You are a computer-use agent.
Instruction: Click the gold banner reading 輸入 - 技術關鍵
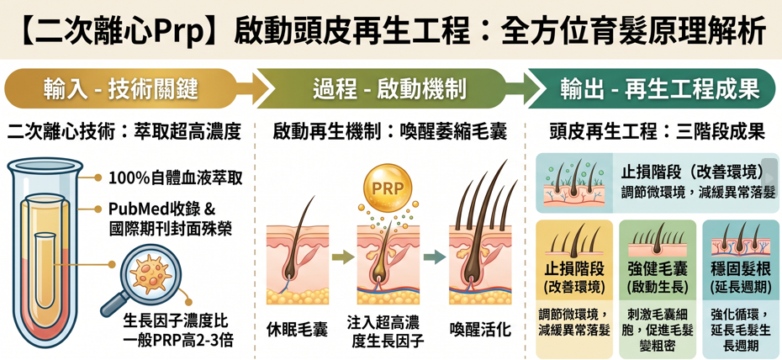tap(126, 87)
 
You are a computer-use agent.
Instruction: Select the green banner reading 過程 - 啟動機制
tap(388, 87)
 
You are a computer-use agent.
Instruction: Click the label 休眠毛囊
tap(297, 327)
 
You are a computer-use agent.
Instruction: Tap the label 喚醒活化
tap(480, 328)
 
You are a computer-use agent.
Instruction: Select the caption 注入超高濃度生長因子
tap(385, 331)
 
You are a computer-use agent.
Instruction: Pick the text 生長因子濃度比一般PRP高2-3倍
tap(177, 329)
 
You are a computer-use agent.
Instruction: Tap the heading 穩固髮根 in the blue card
tap(740, 269)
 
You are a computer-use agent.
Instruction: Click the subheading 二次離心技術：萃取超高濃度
tap(124, 132)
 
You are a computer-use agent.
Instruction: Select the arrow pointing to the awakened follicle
tap(434, 256)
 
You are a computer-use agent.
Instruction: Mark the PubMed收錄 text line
tap(161, 208)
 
